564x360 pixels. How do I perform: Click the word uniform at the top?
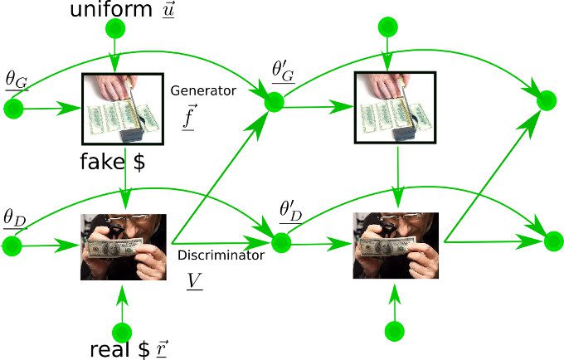pyautogui.click(x=111, y=9)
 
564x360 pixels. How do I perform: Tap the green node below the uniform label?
pyautogui.click(x=115, y=28)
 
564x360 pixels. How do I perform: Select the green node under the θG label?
pyautogui.click(x=13, y=109)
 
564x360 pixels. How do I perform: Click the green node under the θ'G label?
pyautogui.click(x=274, y=102)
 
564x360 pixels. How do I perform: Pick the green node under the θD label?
pyautogui.click(x=12, y=246)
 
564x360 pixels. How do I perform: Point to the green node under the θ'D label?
pyautogui.click(x=281, y=242)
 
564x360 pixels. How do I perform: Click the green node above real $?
pyautogui.click(x=122, y=333)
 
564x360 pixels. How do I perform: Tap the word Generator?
pyautogui.click(x=203, y=90)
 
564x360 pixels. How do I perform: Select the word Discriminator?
pyautogui.click(x=221, y=255)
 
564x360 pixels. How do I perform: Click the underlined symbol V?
pyautogui.click(x=194, y=281)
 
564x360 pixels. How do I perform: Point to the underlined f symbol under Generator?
pyautogui.click(x=189, y=116)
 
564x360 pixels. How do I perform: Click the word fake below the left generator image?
pyautogui.click(x=102, y=161)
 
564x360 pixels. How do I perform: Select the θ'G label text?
pyautogui.click(x=284, y=72)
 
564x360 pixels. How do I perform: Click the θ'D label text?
pyautogui.click(x=291, y=212)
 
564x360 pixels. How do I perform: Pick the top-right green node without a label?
pyautogui.click(x=388, y=27)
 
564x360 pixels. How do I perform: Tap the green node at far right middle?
pyautogui.click(x=547, y=100)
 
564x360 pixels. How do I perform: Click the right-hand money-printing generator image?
pyautogui.click(x=396, y=108)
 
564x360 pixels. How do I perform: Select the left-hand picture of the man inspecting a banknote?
pyautogui.click(x=124, y=247)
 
